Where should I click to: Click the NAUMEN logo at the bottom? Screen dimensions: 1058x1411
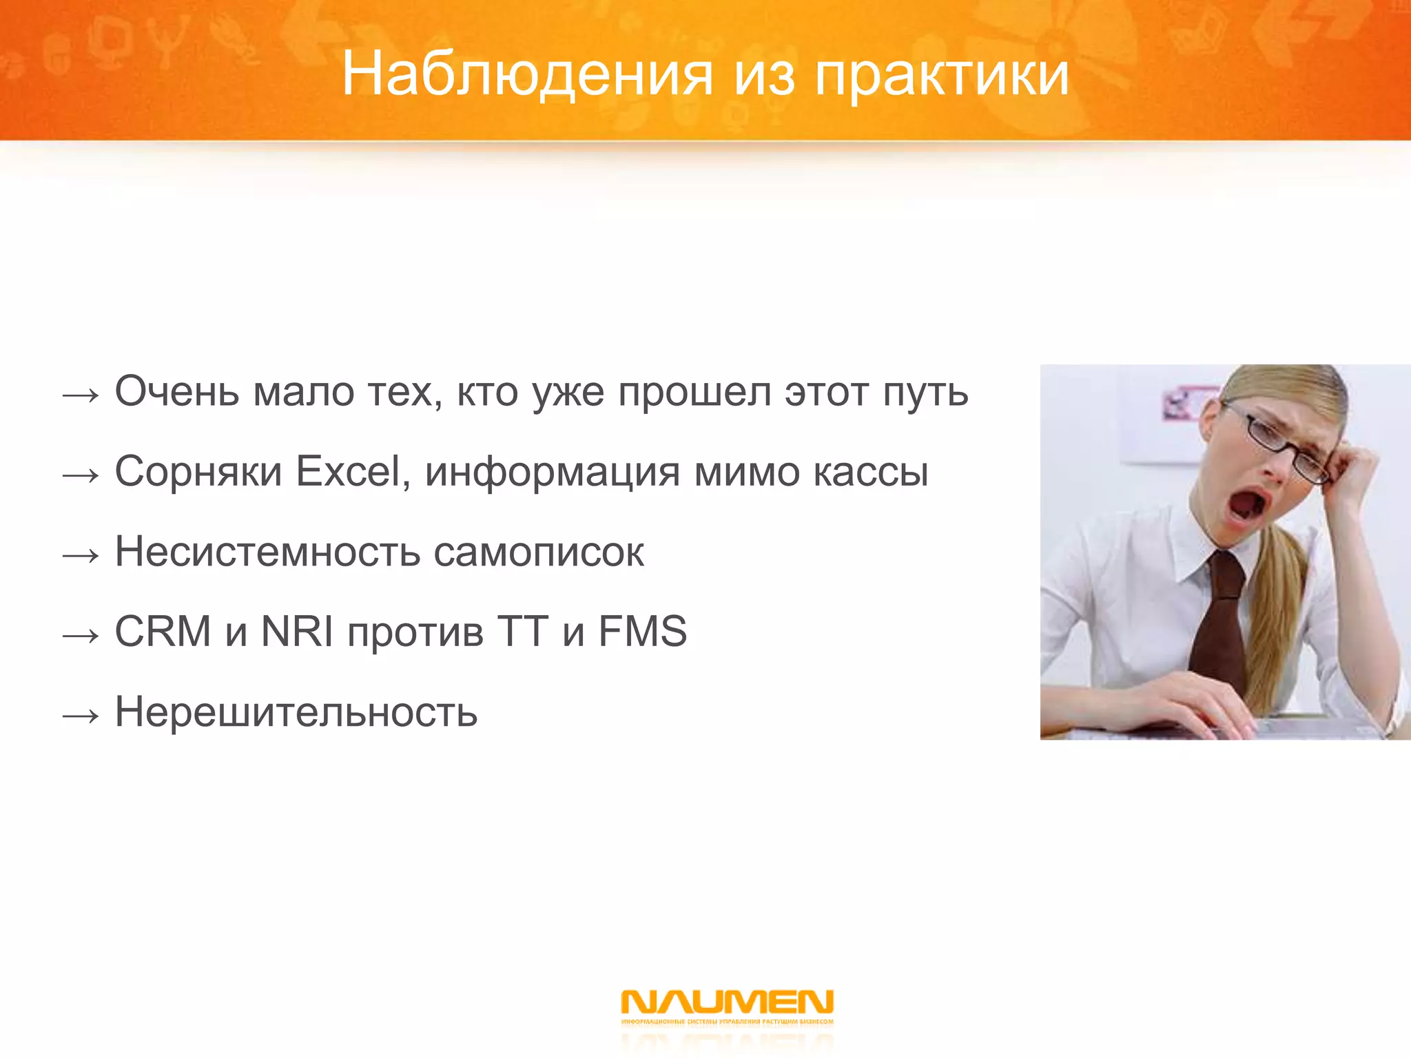click(x=727, y=1003)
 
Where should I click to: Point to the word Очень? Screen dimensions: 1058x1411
click(x=177, y=392)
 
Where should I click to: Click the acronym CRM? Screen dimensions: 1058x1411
click(x=163, y=632)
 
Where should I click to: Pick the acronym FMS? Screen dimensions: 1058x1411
click(x=642, y=632)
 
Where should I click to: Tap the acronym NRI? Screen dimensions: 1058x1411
click(x=297, y=632)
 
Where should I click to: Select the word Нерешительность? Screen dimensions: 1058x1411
click(x=296, y=712)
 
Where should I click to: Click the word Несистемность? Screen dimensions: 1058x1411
click(x=267, y=552)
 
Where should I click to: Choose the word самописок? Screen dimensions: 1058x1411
click(x=539, y=552)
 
